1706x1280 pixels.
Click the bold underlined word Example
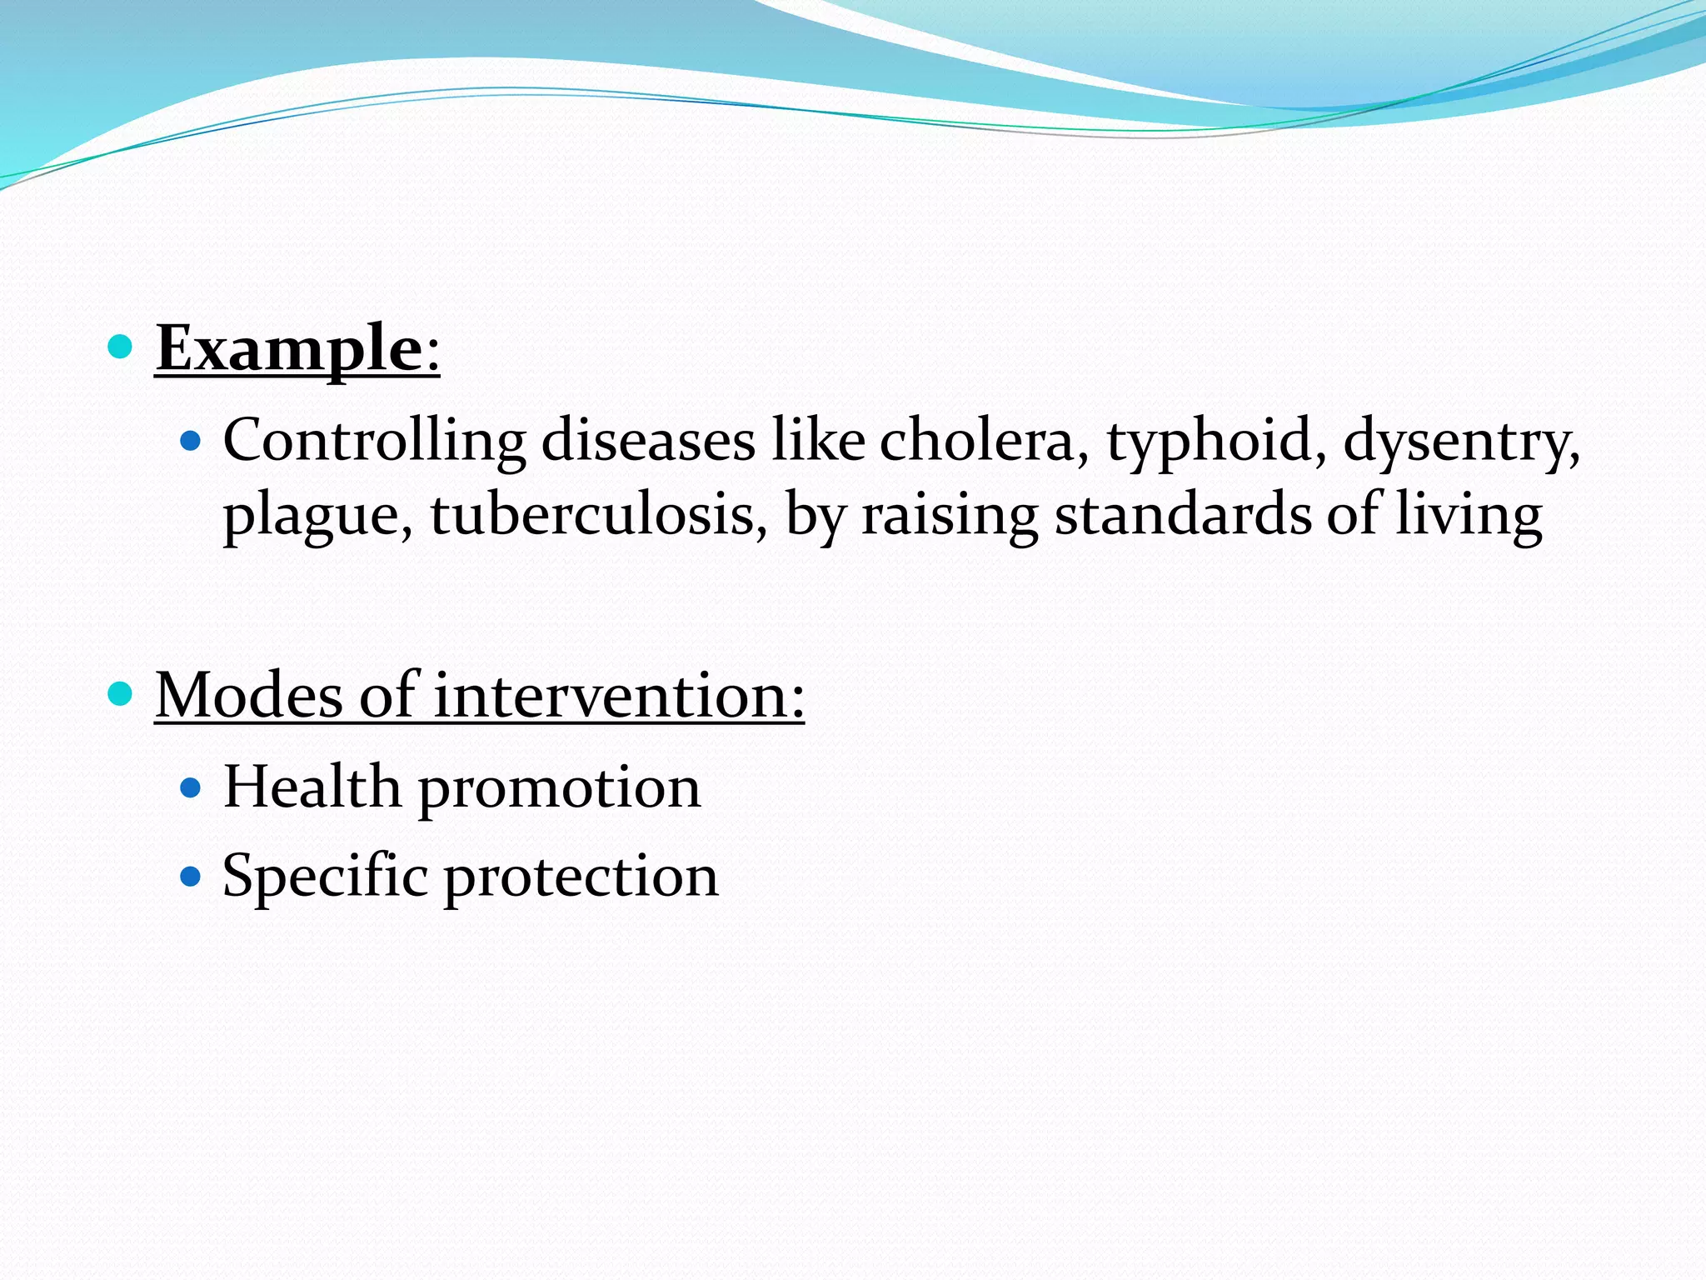pyautogui.click(x=289, y=348)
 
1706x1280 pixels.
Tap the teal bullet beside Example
pyautogui.click(x=121, y=346)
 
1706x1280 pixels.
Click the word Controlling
pyautogui.click(x=374, y=441)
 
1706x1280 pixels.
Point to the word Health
pyautogui.click(x=312, y=787)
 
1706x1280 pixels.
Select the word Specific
pyautogui.click(x=325, y=877)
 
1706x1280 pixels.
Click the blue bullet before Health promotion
pyautogui.click(x=191, y=787)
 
